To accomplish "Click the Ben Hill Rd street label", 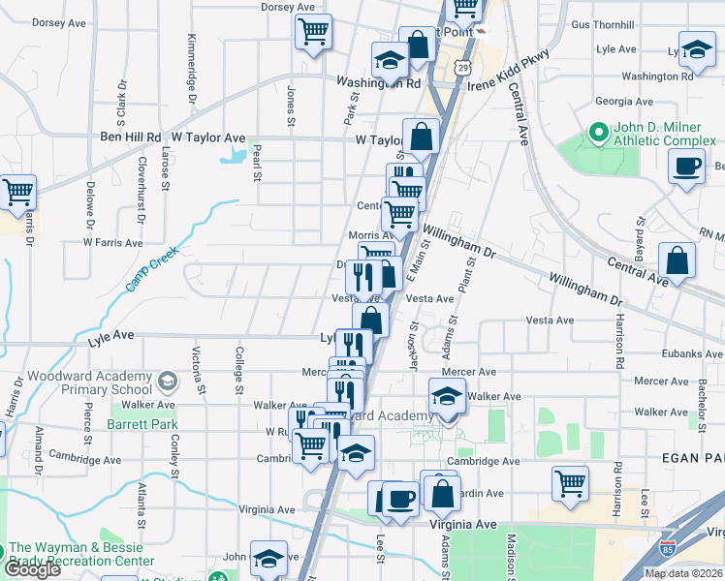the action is click(x=130, y=138).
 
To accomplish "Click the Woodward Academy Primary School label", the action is click(x=77, y=382).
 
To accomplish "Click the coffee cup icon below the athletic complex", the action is click(x=687, y=166).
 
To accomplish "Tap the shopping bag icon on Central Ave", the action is click(x=677, y=260).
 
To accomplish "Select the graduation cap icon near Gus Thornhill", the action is click(x=697, y=49).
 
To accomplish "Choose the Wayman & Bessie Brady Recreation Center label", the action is click(x=81, y=554).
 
